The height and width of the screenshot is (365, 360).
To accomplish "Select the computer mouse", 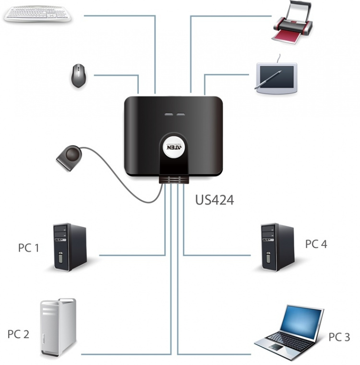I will (78, 75).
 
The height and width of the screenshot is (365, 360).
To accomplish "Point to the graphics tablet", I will (276, 77).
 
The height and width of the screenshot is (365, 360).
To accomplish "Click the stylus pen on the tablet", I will (269, 80).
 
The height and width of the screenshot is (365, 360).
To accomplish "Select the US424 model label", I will (215, 200).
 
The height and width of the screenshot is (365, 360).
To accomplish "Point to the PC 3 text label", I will (339, 337).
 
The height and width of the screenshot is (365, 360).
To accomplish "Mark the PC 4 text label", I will (316, 244).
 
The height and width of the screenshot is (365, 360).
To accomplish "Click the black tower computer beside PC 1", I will (69, 247).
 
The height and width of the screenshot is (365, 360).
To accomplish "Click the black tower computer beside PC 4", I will (277, 247).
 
